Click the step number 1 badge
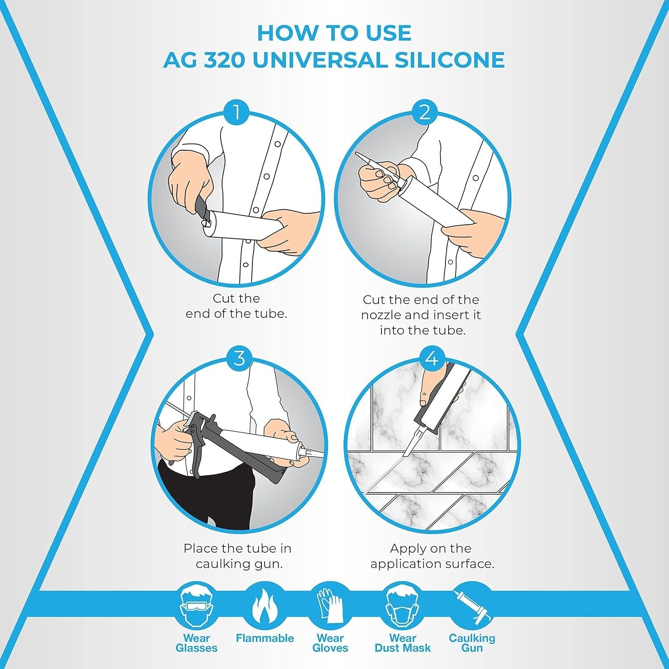tap(236, 112)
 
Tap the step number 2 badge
tap(424, 112)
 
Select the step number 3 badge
tap(240, 358)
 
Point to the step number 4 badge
tap(432, 358)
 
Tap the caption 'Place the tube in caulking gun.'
tap(237, 556)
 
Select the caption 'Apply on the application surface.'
tap(432, 556)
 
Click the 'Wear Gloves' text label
tap(330, 643)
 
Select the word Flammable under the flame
tap(264, 638)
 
